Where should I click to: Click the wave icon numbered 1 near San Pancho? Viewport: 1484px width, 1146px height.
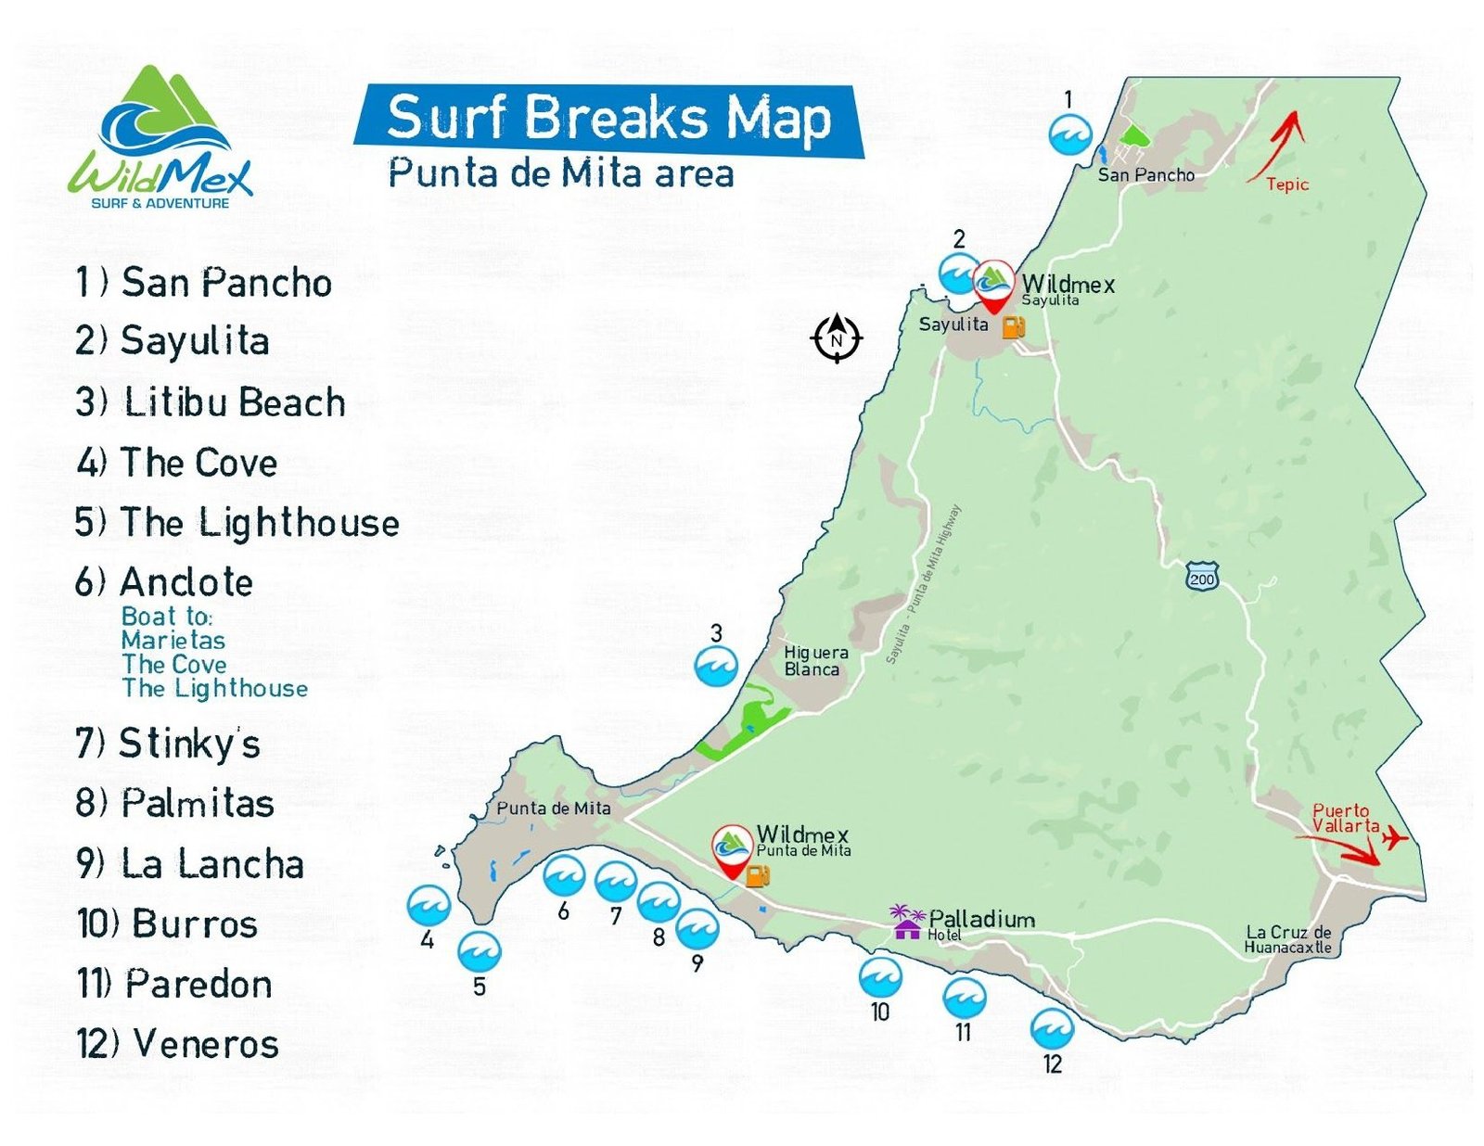pos(1069,135)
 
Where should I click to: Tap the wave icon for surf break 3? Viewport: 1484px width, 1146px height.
pos(716,666)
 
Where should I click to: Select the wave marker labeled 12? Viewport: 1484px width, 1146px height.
pos(1052,1029)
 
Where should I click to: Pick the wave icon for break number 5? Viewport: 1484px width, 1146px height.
pos(479,951)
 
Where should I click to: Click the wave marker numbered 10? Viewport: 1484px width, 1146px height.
pos(879,977)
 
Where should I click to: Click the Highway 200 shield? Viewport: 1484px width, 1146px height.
pos(1201,579)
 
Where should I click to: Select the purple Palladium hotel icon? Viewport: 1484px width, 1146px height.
pos(906,922)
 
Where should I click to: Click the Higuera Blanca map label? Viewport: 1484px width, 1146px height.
pos(814,661)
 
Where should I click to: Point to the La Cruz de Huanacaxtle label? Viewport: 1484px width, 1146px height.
pos(1287,939)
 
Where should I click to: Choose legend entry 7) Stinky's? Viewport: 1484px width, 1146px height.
pos(167,744)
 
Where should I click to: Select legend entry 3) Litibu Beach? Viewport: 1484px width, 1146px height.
pos(211,402)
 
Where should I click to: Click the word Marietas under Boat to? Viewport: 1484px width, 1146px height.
pos(173,641)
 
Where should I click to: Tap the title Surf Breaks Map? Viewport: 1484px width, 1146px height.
pos(608,118)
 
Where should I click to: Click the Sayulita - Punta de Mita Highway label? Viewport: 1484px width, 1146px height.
pos(923,584)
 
